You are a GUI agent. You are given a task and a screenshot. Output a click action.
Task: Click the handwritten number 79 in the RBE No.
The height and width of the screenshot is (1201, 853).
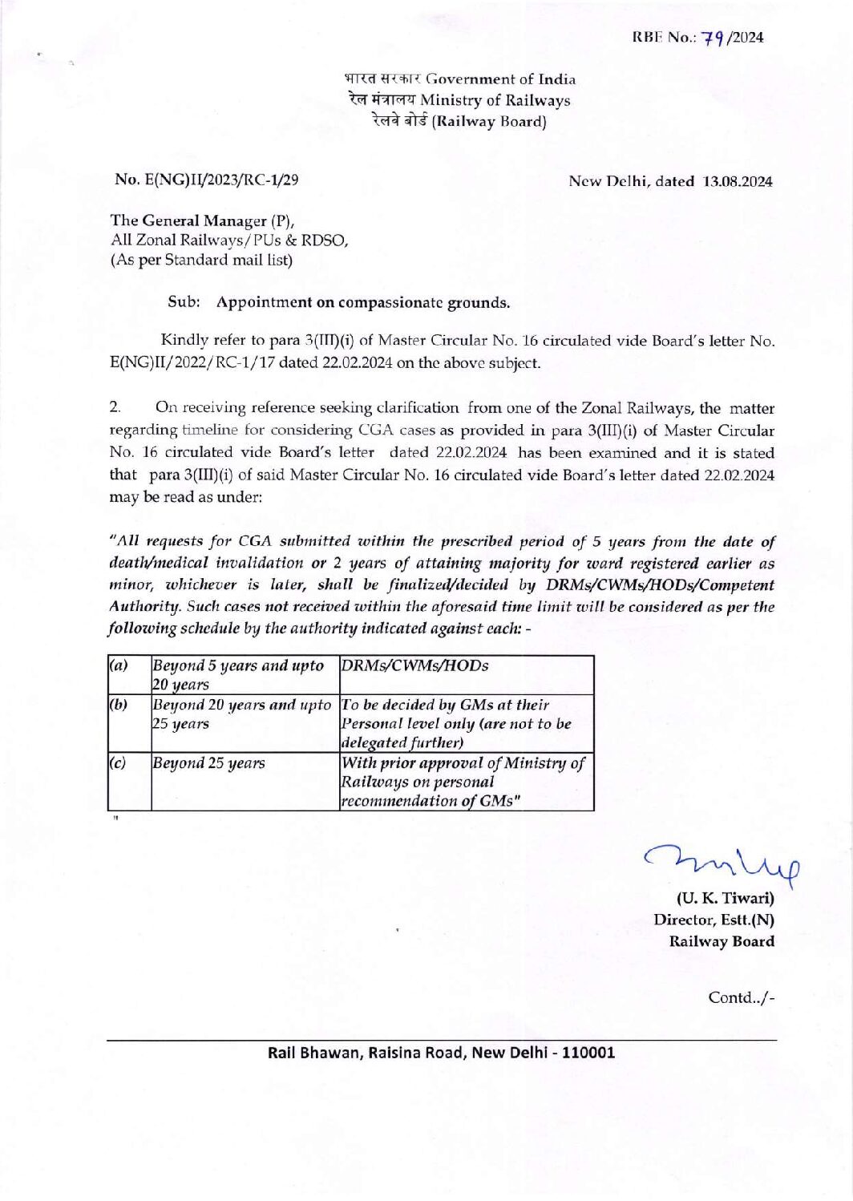(x=714, y=38)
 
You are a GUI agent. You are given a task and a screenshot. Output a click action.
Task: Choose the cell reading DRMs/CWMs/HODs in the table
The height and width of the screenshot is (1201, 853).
(x=415, y=666)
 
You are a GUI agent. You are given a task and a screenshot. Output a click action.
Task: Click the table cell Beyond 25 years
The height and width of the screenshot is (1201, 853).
(x=209, y=763)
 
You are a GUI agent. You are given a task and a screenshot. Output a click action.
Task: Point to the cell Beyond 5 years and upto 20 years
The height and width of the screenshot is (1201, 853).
(x=238, y=675)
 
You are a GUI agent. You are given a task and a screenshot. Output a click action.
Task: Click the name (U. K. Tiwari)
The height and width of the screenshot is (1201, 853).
(x=726, y=898)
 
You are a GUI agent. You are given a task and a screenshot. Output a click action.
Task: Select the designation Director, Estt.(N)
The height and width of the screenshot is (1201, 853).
(x=714, y=920)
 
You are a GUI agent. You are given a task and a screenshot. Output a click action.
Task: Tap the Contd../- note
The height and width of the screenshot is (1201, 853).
(x=741, y=998)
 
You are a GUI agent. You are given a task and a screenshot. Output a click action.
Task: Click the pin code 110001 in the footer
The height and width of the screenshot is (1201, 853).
(x=588, y=1053)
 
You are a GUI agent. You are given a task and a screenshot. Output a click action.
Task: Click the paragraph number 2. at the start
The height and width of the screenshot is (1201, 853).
(x=115, y=408)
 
